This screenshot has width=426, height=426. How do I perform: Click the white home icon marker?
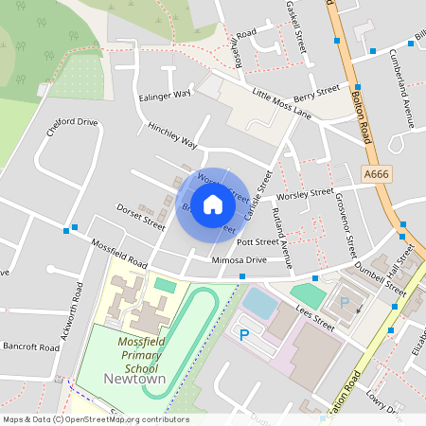[213, 204]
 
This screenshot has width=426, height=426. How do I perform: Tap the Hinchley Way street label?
[172, 134]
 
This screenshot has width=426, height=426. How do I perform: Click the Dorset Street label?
[140, 216]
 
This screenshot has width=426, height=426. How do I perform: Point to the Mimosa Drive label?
[239, 259]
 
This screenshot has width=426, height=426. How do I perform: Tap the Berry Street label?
[316, 94]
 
